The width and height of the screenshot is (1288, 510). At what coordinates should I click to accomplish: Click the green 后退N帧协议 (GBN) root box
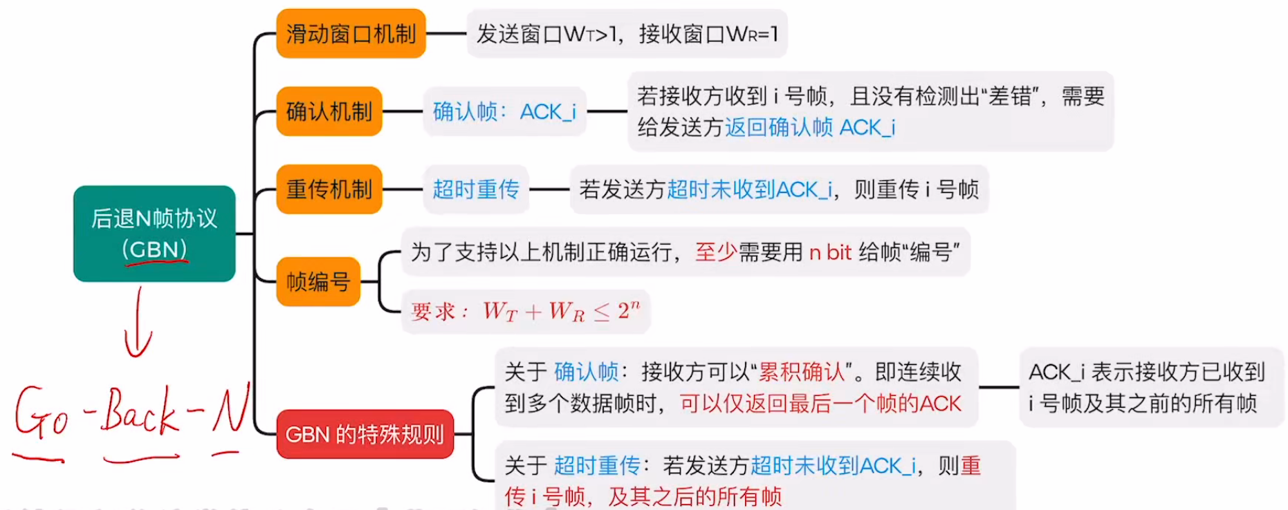pyautogui.click(x=154, y=233)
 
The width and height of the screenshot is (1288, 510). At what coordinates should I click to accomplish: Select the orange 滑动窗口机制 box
pyautogui.click(x=351, y=33)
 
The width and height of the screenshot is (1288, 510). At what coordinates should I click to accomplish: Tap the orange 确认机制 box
pyautogui.click(x=329, y=111)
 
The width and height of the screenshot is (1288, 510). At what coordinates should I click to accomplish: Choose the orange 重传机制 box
pyautogui.click(x=329, y=189)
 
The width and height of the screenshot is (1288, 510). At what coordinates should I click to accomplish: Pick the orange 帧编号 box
pyautogui.click(x=318, y=281)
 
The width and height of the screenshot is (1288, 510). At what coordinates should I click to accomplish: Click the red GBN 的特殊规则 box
pyautogui.click(x=365, y=434)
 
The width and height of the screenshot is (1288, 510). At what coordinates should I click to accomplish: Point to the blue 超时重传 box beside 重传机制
pyautogui.click(x=476, y=189)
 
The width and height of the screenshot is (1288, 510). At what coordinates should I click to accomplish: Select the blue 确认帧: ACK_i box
pyautogui.click(x=504, y=111)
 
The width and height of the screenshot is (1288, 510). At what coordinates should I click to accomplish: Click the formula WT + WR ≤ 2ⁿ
pyautogui.click(x=560, y=312)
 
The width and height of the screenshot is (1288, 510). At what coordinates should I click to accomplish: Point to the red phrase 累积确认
pyautogui.click(x=802, y=372)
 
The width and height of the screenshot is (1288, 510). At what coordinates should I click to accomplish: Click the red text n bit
pyautogui.click(x=830, y=252)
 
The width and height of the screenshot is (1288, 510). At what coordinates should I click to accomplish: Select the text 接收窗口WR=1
pyautogui.click(x=708, y=33)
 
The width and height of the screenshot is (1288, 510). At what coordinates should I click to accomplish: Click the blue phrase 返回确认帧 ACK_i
pyautogui.click(x=810, y=127)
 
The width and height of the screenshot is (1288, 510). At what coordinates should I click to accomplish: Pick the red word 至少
pyautogui.click(x=716, y=252)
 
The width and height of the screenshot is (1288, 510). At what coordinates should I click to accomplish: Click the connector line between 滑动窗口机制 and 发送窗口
pyautogui.click(x=446, y=33)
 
